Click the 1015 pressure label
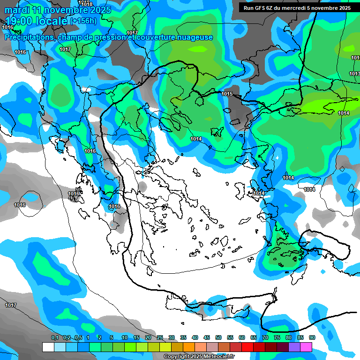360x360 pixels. point(227,94)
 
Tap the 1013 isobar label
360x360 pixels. point(354,74)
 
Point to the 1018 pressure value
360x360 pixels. point(87,4)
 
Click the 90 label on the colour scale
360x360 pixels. point(312,337)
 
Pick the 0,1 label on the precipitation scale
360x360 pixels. point(55,337)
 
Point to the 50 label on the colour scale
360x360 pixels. point(218,337)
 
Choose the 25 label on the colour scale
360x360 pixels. point(160,337)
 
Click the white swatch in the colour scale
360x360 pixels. point(48,347)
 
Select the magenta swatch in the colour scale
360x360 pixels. point(306,347)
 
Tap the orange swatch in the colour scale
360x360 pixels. point(189,347)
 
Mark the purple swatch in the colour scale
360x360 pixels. point(294,347)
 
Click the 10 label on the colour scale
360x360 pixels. point(125,337)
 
